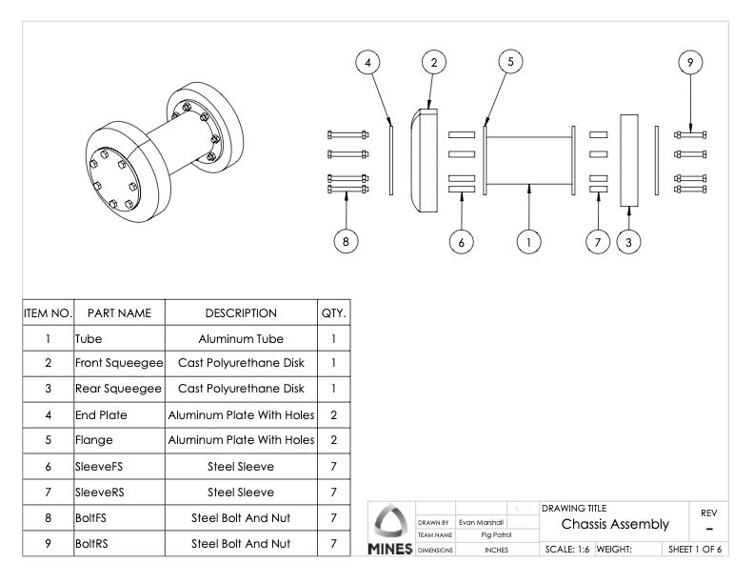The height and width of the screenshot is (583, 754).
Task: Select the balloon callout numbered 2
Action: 434,62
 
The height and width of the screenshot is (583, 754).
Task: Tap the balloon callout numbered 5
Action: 511,62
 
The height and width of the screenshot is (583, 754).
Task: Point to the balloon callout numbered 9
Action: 690,62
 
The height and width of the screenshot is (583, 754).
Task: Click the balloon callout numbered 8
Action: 347,242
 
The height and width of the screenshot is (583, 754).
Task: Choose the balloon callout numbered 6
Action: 462,242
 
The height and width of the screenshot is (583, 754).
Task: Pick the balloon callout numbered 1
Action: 528,242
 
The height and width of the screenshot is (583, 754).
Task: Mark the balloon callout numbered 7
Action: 598,242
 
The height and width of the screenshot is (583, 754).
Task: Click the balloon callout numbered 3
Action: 628,242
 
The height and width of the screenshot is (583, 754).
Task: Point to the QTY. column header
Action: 334,312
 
